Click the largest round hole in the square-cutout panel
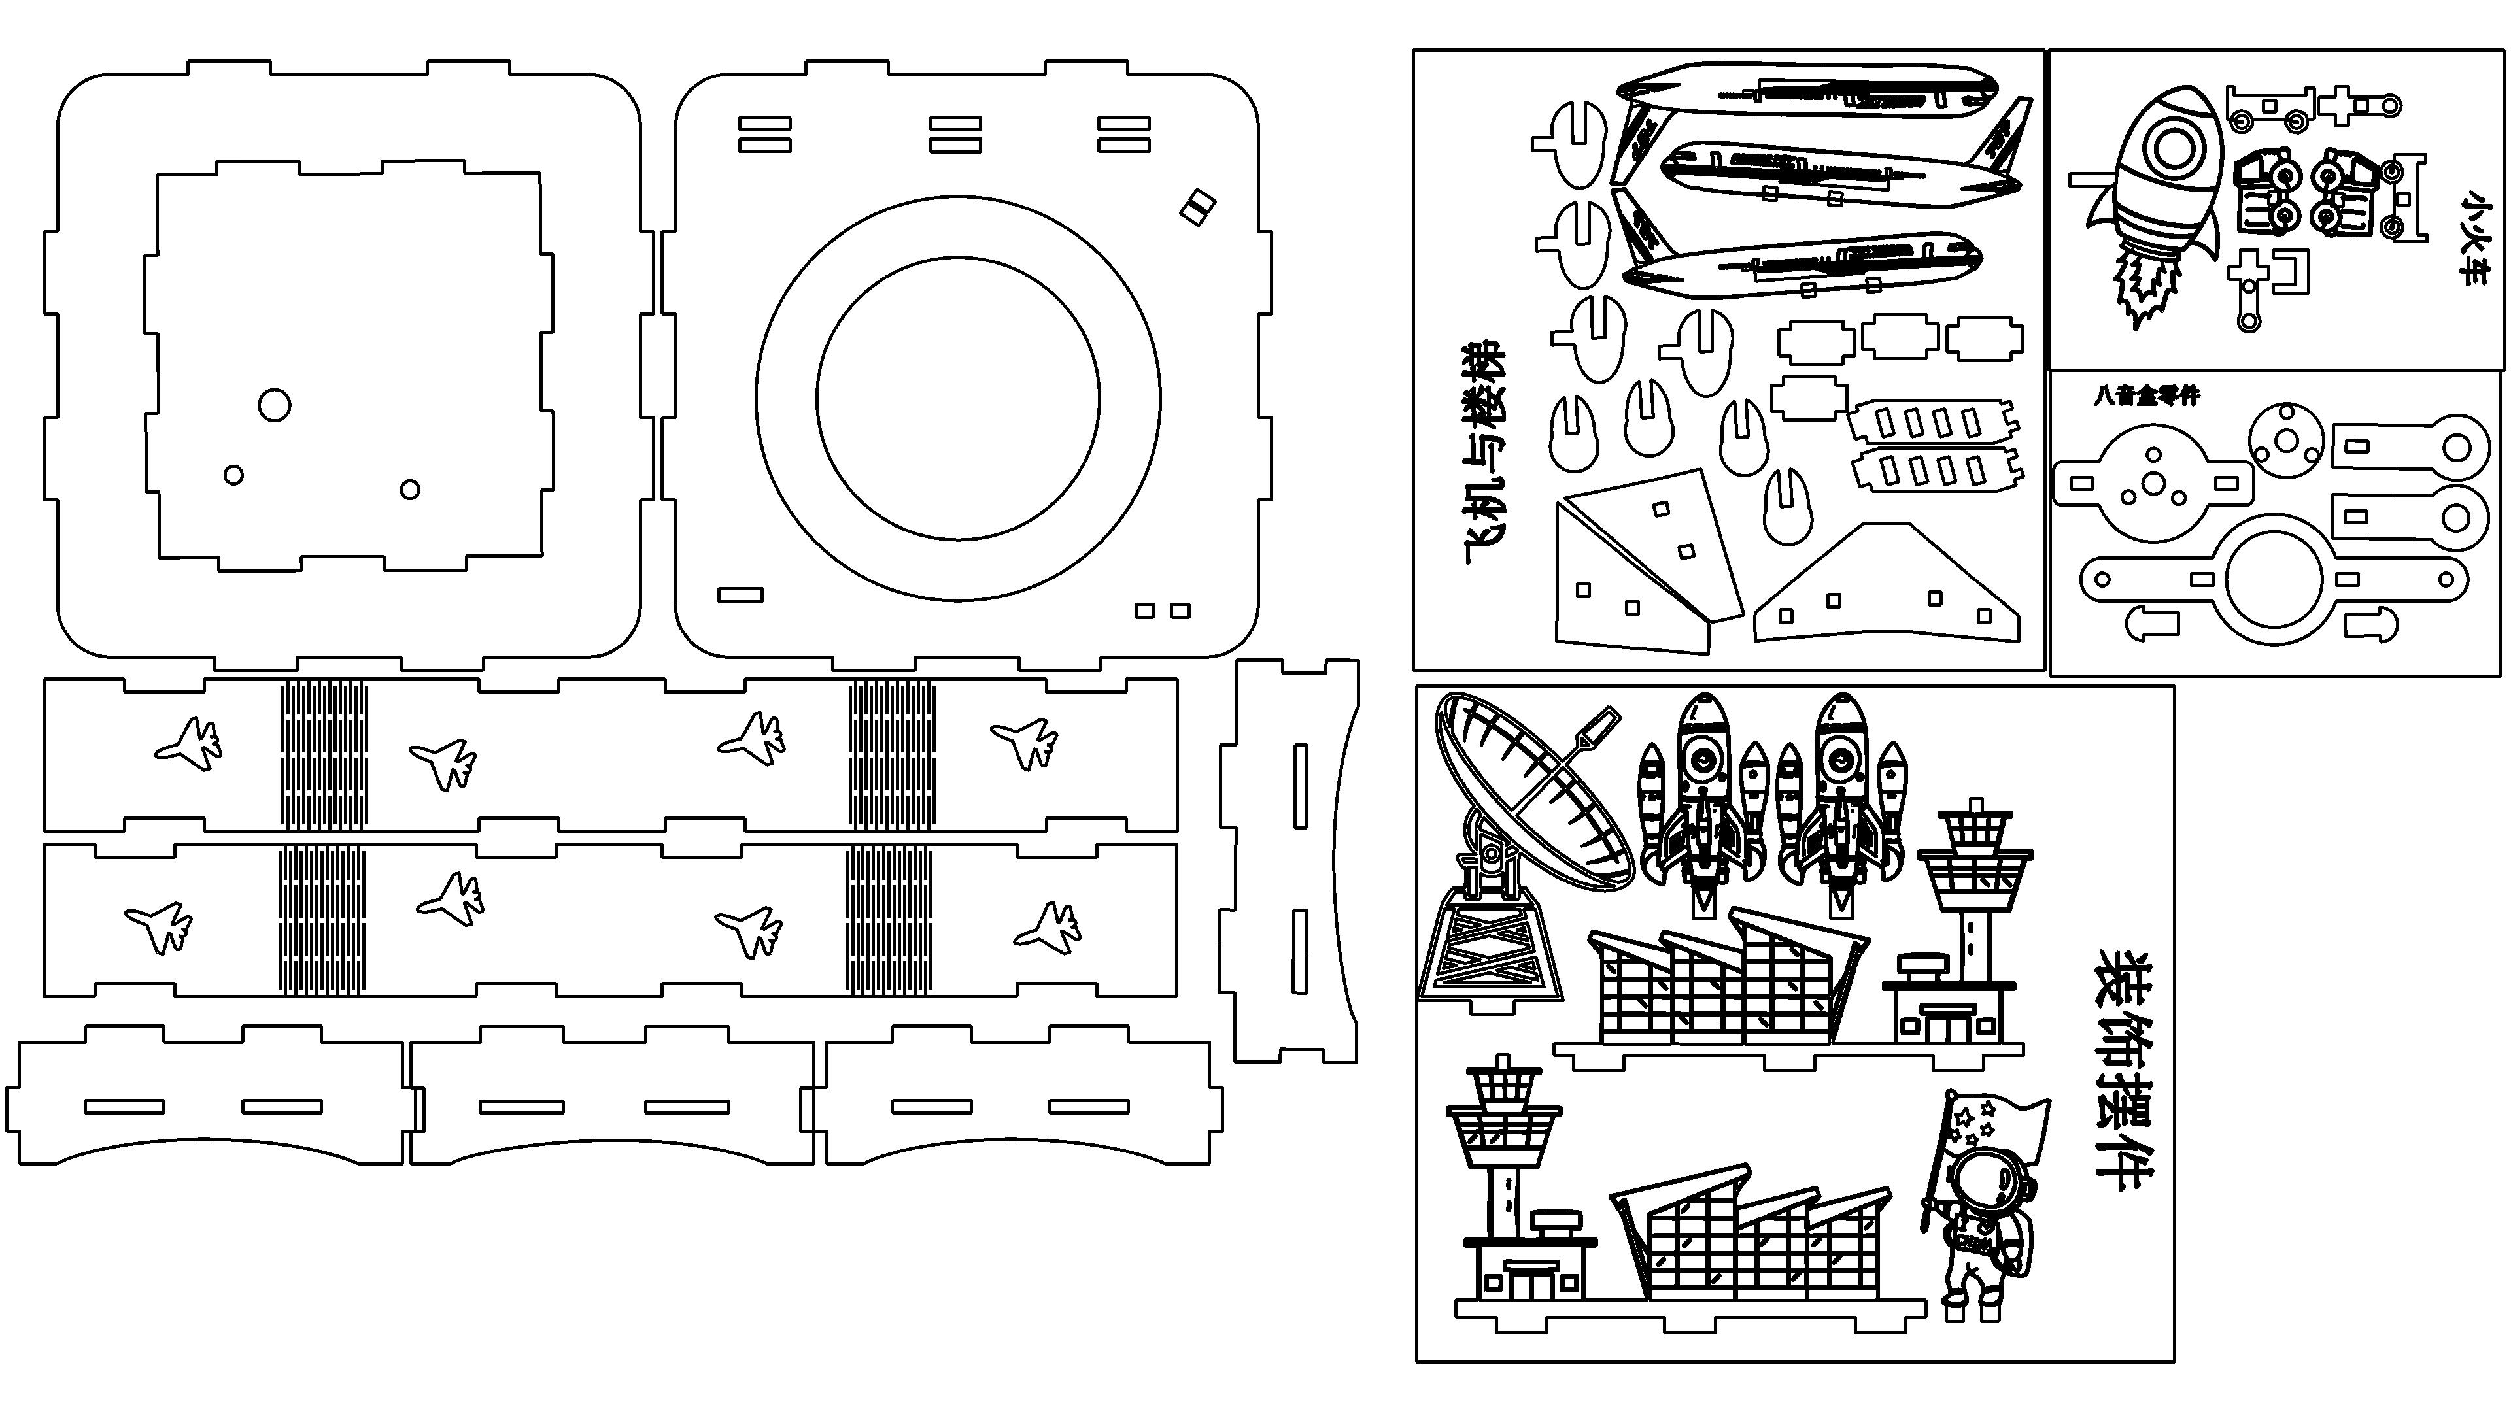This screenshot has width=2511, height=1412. [x=274, y=405]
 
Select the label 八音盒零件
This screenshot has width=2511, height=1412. [x=2146, y=395]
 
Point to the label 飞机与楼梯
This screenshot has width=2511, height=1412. [x=1484, y=453]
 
